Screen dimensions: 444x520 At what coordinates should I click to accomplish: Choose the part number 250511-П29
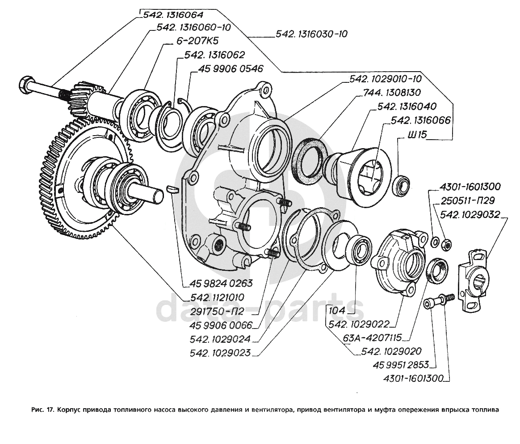click(466, 201)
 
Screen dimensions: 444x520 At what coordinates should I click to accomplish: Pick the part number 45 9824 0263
click(221, 283)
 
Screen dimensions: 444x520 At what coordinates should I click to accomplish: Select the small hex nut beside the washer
click(445, 244)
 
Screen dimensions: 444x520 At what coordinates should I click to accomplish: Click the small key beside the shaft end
click(172, 188)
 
